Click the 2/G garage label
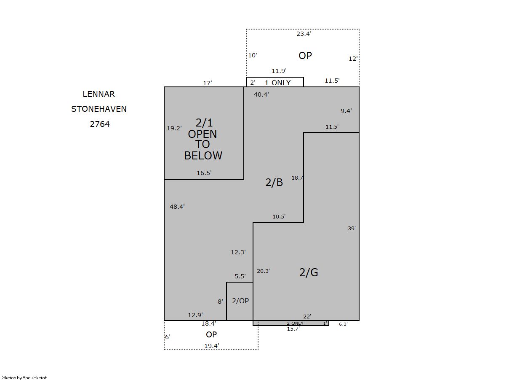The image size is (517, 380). pyautogui.click(x=309, y=272)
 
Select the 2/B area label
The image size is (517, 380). pyautogui.click(x=274, y=183)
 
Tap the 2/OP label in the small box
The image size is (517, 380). pyautogui.click(x=240, y=301)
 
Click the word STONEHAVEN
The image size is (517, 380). pyautogui.click(x=99, y=109)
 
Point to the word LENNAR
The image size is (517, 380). pyautogui.click(x=99, y=94)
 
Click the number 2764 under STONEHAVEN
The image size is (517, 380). pyautogui.click(x=100, y=124)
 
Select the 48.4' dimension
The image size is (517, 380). pyautogui.click(x=177, y=207)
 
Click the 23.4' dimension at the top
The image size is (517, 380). pyautogui.click(x=304, y=34)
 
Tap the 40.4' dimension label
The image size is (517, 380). pyautogui.click(x=261, y=94)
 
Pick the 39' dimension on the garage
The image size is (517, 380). pyautogui.click(x=352, y=228)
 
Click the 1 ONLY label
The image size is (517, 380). pyautogui.click(x=278, y=83)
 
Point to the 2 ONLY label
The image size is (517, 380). pyautogui.click(x=295, y=323)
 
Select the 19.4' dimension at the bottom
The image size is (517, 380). pyautogui.click(x=212, y=346)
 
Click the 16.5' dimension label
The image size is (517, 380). pyautogui.click(x=204, y=173)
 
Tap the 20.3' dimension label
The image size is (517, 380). pyautogui.click(x=264, y=271)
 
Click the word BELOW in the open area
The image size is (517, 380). pyautogui.click(x=203, y=156)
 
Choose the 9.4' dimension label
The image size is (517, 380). pyautogui.click(x=346, y=111)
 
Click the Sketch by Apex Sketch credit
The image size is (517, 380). pyautogui.click(x=25, y=377)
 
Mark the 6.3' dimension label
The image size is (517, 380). pyautogui.click(x=343, y=324)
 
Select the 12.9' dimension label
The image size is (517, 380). pyautogui.click(x=195, y=315)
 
